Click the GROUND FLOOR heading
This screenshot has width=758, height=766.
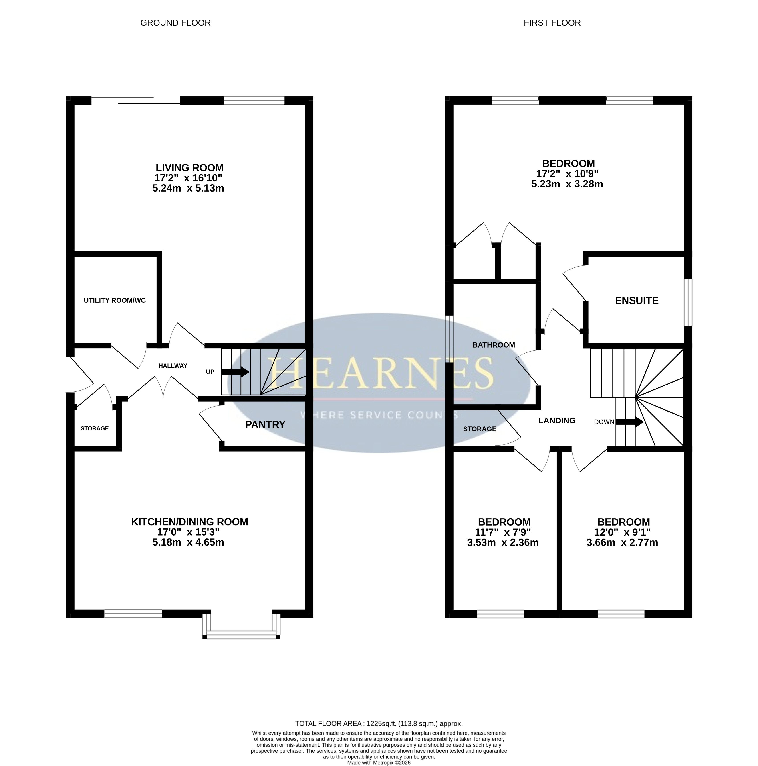coord(175,23)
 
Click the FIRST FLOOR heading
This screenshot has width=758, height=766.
coord(552,23)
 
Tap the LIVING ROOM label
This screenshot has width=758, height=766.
coord(189,168)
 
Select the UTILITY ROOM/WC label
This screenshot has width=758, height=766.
coord(115,300)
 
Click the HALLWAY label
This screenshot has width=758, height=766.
coord(173,366)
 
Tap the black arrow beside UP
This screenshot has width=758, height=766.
coord(235,372)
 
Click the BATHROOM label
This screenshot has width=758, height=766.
coord(494,345)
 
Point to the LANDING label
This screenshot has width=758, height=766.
coord(557,421)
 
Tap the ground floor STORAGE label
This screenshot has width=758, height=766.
coord(95,428)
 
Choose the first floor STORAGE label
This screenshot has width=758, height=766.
coord(480,429)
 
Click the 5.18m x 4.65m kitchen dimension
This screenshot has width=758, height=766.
coord(188,542)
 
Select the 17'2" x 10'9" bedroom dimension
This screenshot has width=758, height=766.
coord(567,174)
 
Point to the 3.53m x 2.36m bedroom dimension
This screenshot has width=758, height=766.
coord(503,542)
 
